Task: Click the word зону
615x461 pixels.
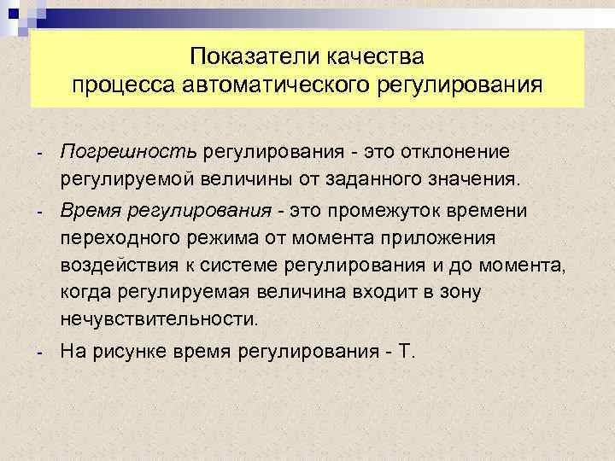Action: coord(460,293)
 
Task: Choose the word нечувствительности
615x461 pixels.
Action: coord(159,320)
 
